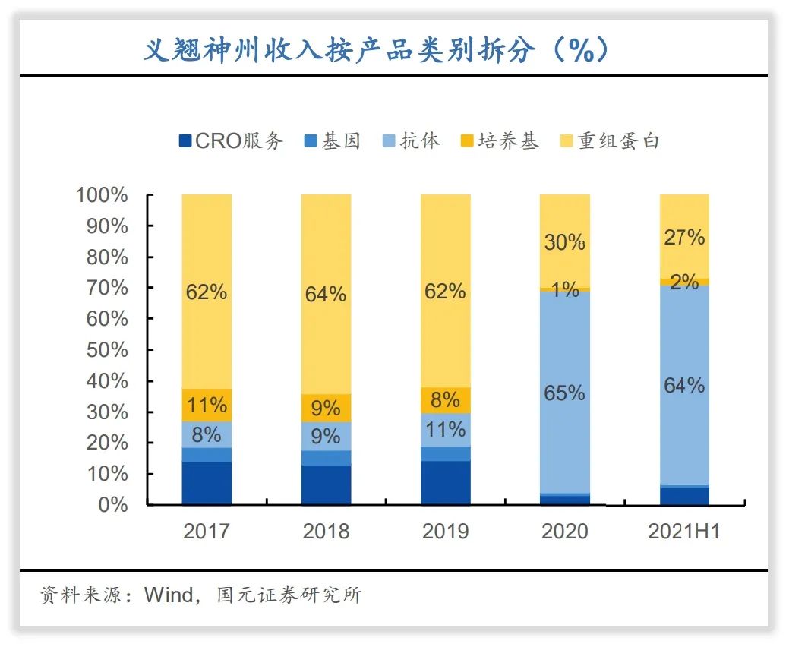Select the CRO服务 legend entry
[x=231, y=140]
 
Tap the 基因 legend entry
[x=333, y=140]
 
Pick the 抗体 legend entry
[x=411, y=140]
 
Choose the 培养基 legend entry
[x=499, y=140]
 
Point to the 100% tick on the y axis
[x=102, y=195]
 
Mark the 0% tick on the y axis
[x=111, y=505]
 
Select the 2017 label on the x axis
[x=206, y=531]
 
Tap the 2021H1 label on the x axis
[x=683, y=531]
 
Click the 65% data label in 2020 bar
[x=565, y=393]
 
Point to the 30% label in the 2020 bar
[x=565, y=242]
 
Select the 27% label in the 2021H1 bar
[x=684, y=238]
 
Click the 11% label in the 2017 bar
[x=207, y=405]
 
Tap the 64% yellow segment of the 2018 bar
[x=326, y=295]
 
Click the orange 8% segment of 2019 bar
[x=446, y=399]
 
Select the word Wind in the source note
[x=169, y=595]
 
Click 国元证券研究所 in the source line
[x=289, y=595]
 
